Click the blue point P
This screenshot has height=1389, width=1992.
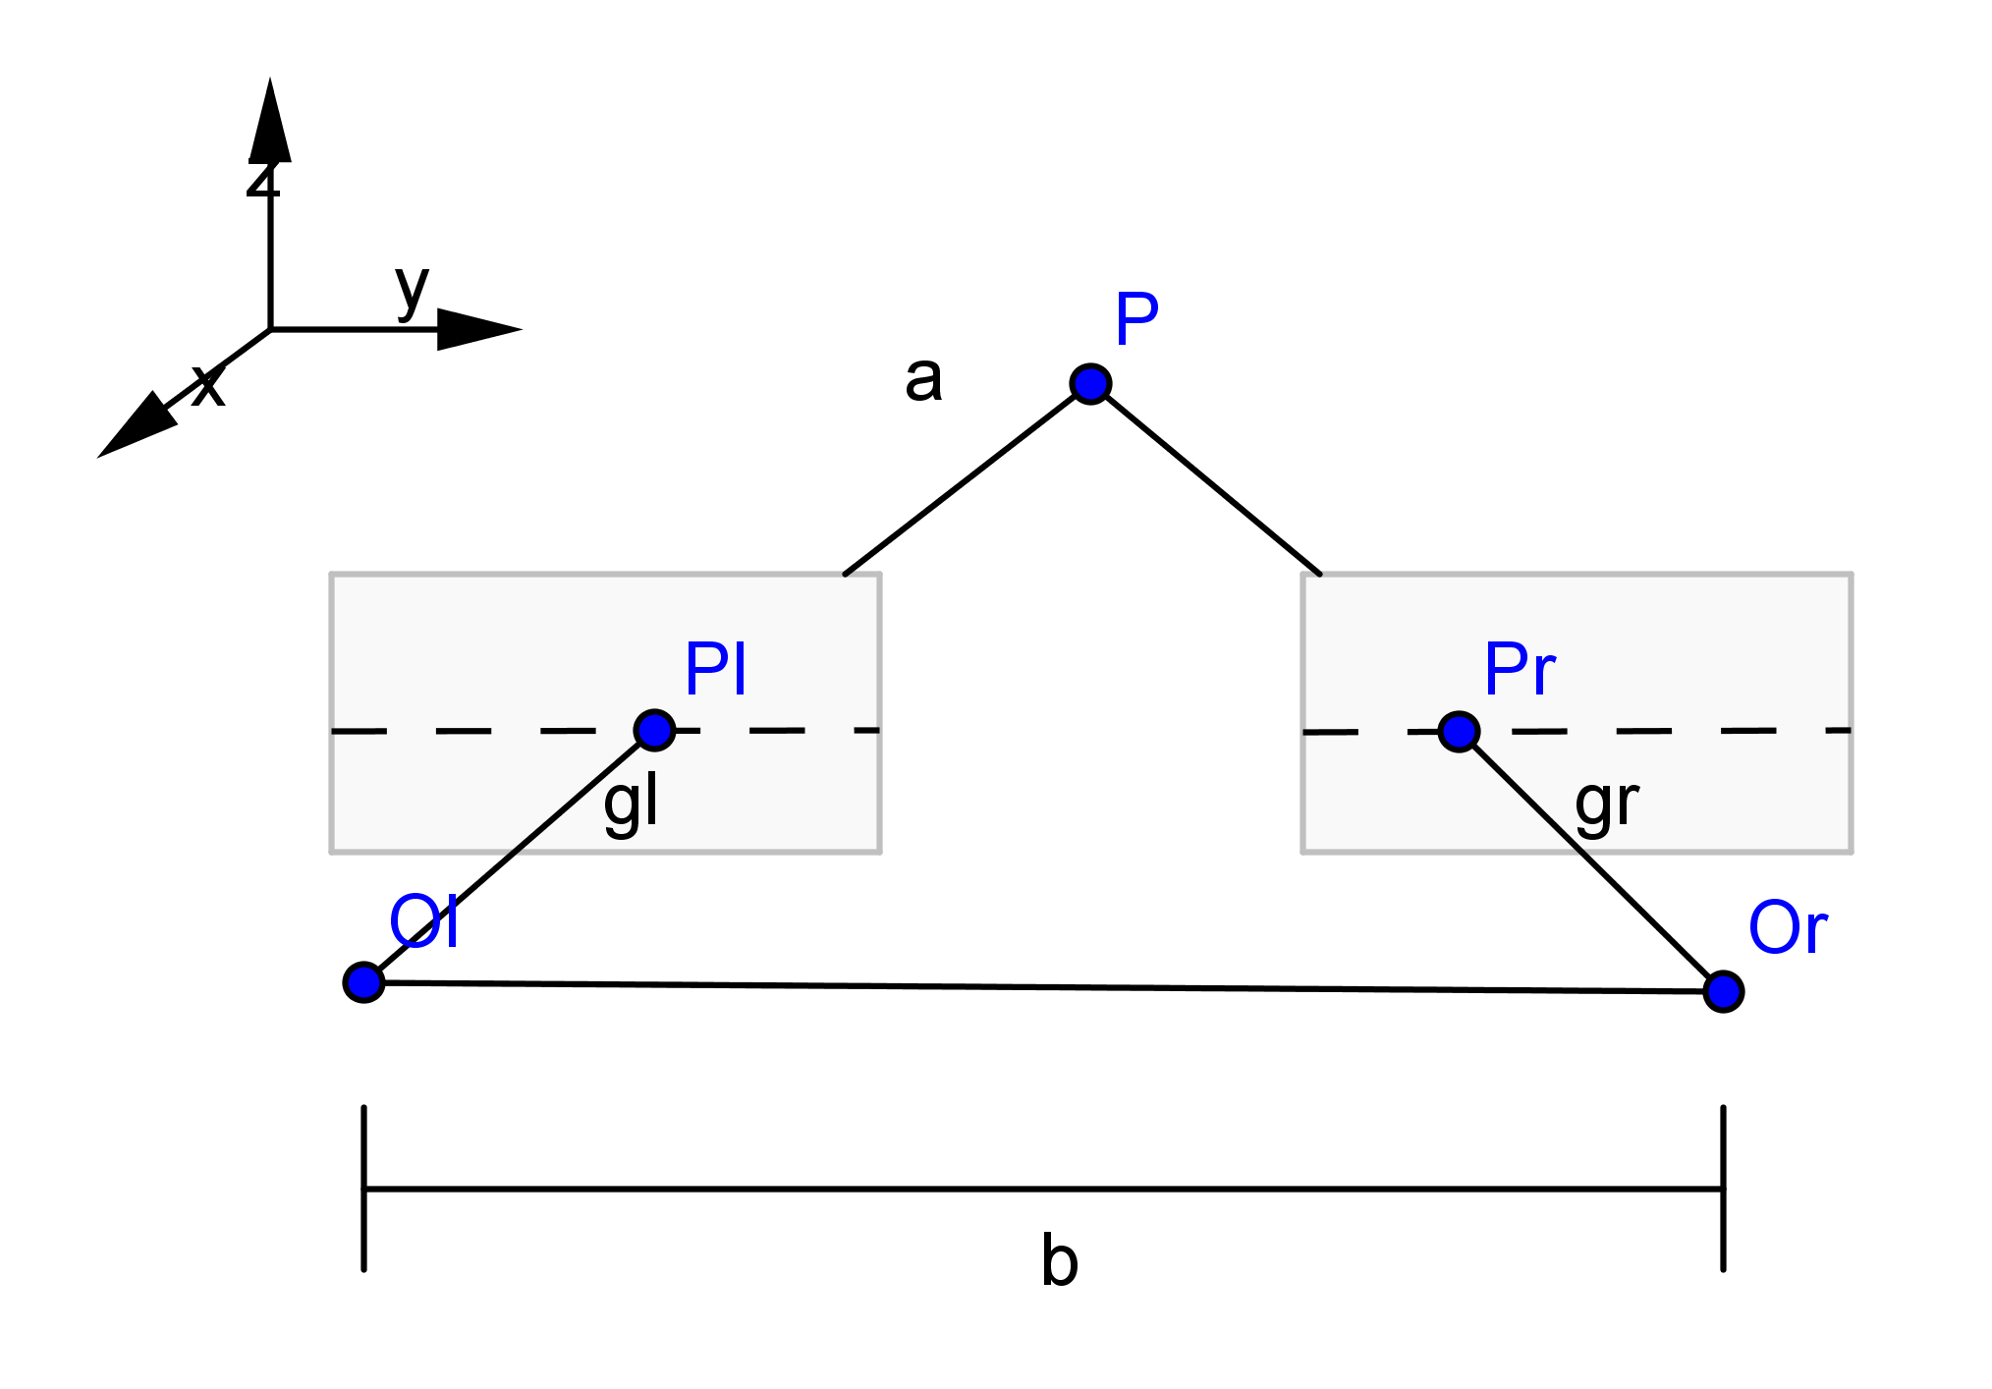1090,383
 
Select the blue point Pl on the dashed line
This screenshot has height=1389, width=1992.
654,730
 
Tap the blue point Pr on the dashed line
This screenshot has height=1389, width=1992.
1459,732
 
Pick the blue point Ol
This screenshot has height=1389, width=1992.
363,981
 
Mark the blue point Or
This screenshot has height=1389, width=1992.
1723,991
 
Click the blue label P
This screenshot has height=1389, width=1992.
1136,319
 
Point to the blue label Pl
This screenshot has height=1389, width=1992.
715,669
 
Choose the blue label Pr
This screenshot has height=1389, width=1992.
1519,670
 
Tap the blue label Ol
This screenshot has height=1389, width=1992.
423,922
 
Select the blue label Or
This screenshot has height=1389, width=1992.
1787,928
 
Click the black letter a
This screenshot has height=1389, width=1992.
923,379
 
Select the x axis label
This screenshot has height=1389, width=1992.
208,386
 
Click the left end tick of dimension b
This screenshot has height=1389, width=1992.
363,1189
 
